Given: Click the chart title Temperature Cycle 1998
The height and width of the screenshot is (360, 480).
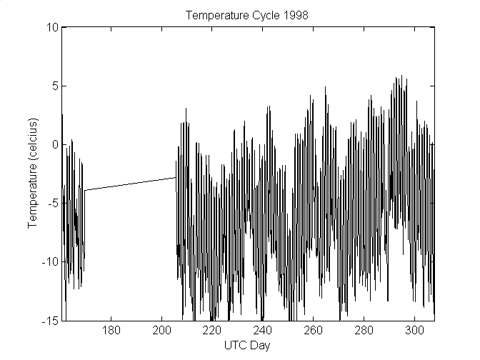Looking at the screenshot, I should click(x=246, y=16).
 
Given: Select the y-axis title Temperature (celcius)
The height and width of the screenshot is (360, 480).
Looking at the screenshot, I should click(x=33, y=174).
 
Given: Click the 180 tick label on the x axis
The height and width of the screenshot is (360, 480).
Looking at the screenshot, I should click(x=111, y=331).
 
